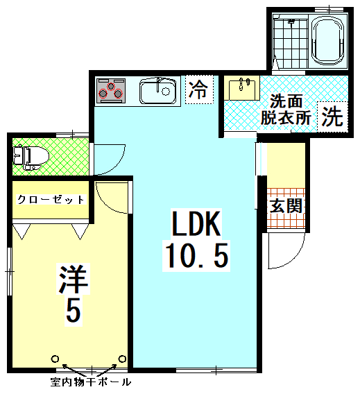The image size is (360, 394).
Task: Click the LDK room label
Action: click(196, 223)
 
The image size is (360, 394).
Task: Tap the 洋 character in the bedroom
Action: click(74, 279)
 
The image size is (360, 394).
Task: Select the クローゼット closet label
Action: click(51, 200)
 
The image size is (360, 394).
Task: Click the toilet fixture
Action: click(31, 157)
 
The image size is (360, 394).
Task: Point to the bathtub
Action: click(327, 42)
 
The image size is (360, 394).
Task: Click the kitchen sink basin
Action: click(157, 90)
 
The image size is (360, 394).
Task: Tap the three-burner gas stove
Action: click(111, 91)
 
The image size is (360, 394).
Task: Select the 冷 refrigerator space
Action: click(200, 89)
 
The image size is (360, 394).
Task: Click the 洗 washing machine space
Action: click(333, 117)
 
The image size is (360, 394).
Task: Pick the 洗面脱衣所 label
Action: click(286, 110)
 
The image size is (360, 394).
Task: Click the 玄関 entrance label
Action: click(286, 206)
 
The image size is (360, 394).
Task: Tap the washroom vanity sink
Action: click(241, 87)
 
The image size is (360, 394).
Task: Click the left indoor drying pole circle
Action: click(55, 359)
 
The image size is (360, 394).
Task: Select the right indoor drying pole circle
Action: click(122, 359)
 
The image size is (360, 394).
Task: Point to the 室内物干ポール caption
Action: click(91, 382)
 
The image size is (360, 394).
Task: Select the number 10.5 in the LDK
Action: click(196, 255)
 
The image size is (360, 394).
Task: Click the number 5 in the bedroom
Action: click(74, 311)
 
